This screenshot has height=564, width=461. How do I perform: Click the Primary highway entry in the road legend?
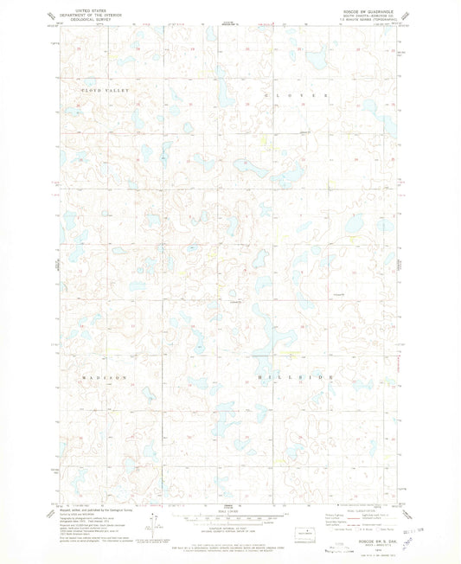[x=333, y=517]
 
